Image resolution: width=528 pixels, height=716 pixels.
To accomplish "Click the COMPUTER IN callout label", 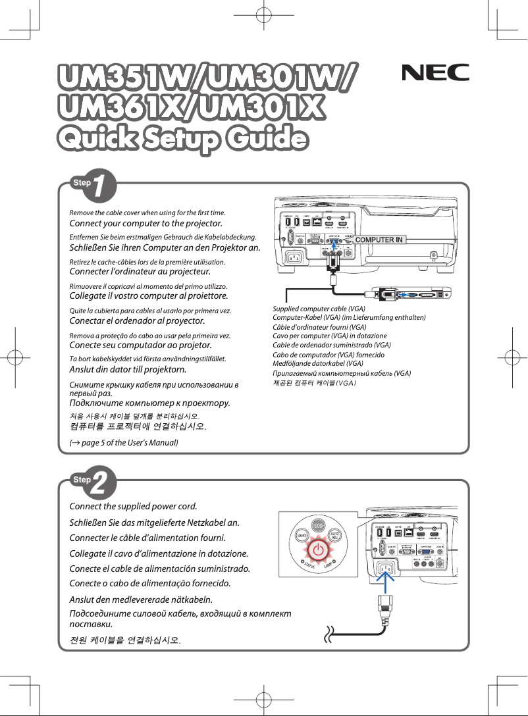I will tap(379, 240).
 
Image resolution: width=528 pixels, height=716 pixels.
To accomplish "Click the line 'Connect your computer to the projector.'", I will tap(145, 223).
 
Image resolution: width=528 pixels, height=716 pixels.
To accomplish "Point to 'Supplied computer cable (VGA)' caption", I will tap(319, 309).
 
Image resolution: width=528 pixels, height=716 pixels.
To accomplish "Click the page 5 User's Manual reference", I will tap(124, 442).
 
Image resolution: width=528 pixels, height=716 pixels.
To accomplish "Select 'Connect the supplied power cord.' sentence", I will tap(134, 506).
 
